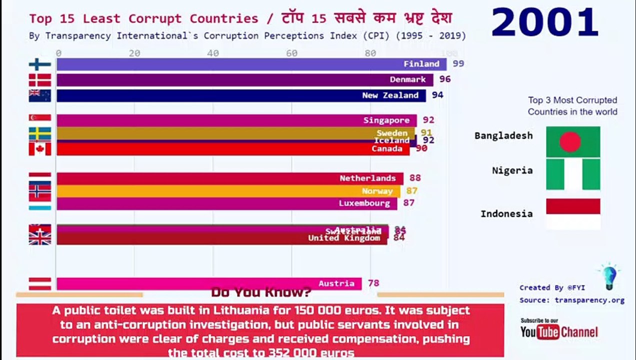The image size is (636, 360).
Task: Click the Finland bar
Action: pos(250,64)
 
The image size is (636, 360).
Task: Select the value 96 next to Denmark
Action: pos(445,79)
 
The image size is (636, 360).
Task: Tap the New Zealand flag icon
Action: pos(39,95)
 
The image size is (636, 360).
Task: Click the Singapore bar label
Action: pos(386,120)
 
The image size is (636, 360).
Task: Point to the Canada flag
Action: pos(39,148)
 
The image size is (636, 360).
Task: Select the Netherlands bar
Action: pos(230,178)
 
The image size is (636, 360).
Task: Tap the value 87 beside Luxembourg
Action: pos(408,203)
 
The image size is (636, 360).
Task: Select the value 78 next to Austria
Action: pos(373,283)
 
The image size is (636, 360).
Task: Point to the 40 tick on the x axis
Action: pos(213,53)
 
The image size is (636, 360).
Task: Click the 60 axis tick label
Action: pos(291,53)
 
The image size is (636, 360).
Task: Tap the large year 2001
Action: pos(544,23)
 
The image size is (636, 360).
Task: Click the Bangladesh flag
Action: pos(573,141)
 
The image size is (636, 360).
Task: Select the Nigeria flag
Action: pos(573,174)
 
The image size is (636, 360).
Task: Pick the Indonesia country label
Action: pos(506,214)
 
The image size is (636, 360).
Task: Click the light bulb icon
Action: pos(609,277)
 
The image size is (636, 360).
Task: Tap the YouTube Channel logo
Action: pos(558,331)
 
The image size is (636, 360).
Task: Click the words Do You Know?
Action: pos(261,292)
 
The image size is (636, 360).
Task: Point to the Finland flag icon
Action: pos(39,64)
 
